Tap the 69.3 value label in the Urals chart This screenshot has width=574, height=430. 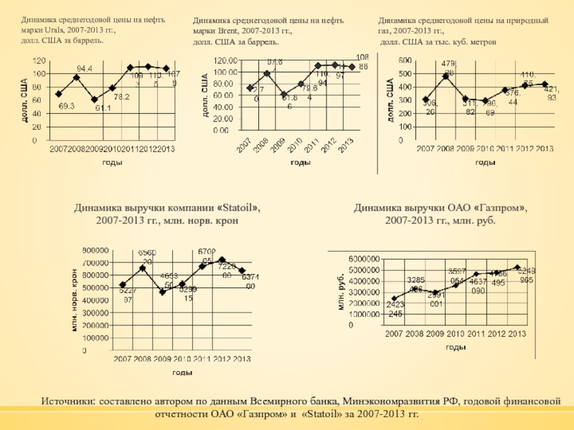(67, 105)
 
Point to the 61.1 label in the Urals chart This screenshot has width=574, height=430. (103, 108)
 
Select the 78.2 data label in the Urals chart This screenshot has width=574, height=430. (121, 97)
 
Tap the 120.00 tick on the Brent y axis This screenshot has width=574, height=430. (225, 60)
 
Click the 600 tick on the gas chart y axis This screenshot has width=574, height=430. (405, 61)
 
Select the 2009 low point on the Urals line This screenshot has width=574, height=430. (95, 100)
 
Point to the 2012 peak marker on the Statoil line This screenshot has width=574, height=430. (222, 259)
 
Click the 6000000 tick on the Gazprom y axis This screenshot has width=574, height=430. (364, 258)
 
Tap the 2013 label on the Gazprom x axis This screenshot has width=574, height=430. (517, 335)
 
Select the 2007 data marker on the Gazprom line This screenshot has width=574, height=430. (394, 299)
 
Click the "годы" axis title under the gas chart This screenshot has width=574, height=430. (486, 163)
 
